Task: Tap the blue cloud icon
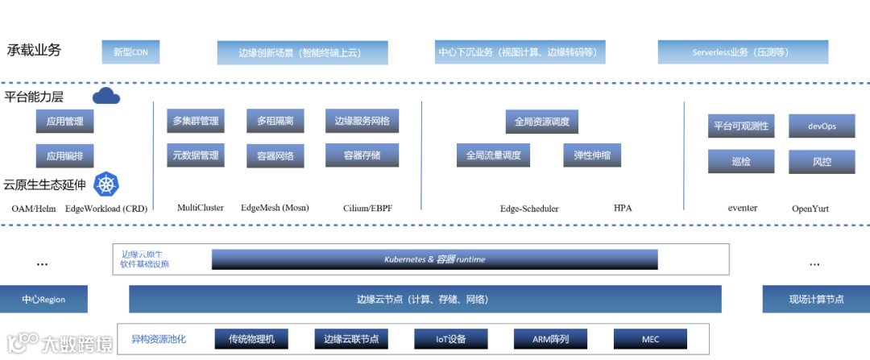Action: pos(106,97)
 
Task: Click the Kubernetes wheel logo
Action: pos(106,184)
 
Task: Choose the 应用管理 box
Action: pos(64,122)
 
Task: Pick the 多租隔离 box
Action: pos(275,121)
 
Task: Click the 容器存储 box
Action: pos(362,155)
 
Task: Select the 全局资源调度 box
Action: pos(542,122)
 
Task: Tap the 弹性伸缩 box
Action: pos(592,155)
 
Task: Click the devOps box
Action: pos(822,126)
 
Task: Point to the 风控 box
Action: pos(822,162)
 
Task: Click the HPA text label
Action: pos(623,209)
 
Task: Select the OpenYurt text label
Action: pos(810,209)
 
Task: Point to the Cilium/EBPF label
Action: pos(367,209)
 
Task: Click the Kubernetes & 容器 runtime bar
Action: pos(435,259)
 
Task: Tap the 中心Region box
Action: pos(43,300)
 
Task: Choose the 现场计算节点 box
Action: pos(816,300)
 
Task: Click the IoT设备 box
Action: pos(440,339)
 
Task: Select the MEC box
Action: pos(651,339)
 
